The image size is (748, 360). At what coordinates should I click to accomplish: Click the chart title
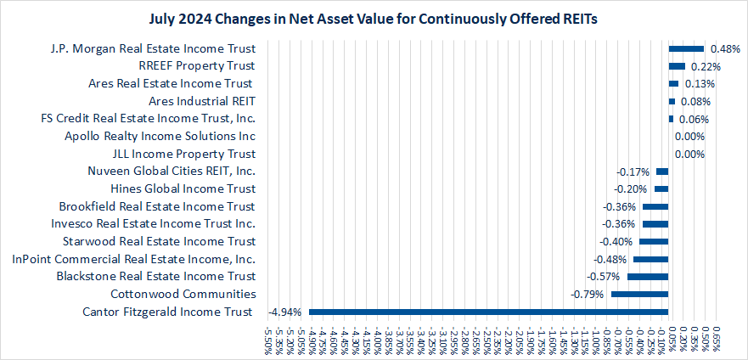374,18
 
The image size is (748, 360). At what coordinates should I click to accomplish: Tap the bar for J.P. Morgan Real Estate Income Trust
686,48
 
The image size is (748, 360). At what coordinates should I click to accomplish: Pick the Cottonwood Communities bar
639,294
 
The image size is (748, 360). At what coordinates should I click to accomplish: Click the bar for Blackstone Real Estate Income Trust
648,276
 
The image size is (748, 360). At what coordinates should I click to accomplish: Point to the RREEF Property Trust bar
677,66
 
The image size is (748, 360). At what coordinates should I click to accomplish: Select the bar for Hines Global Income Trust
661,188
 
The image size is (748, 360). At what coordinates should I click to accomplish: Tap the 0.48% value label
725,48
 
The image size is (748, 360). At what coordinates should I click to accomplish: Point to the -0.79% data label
589,294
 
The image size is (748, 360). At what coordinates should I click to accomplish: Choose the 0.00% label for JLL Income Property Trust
689,154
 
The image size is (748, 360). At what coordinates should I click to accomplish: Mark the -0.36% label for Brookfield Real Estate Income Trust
619,206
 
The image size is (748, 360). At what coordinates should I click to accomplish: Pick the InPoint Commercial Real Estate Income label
133,259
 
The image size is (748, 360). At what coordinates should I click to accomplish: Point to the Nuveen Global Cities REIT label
172,172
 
